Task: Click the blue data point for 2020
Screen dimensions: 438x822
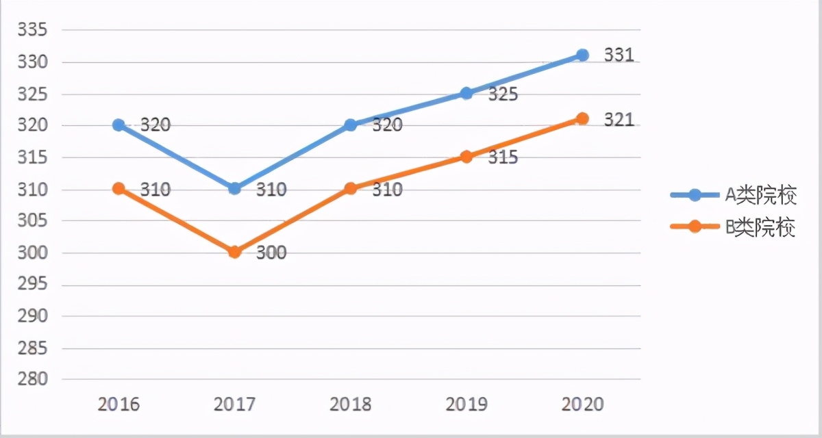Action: (582, 55)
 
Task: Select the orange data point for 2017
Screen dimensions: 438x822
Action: (234, 252)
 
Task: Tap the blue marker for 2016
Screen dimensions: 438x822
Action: (119, 125)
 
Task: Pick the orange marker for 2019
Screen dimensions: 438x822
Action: (466, 157)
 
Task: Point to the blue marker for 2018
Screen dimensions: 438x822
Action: (351, 125)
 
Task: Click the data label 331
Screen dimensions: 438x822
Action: (619, 55)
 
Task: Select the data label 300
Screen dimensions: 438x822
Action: (271, 253)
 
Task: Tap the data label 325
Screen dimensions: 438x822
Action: (503, 94)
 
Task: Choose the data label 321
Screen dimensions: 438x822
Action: (619, 120)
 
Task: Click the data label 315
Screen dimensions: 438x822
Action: (503, 157)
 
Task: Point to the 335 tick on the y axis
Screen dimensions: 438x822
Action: (32, 30)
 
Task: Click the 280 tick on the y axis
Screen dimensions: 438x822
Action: (32, 379)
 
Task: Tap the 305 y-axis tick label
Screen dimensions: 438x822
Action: (32, 220)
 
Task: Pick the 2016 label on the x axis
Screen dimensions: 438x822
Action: (119, 404)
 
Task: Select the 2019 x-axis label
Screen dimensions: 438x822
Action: (466, 404)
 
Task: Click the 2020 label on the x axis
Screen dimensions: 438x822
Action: (582, 404)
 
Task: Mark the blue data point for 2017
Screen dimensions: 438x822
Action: (234, 188)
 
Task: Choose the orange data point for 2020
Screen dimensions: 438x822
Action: (582, 118)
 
